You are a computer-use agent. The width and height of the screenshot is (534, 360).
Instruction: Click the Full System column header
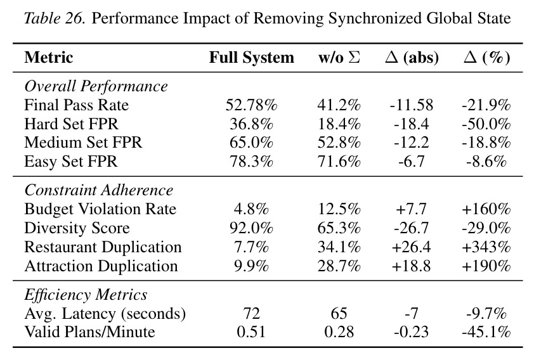click(x=251, y=57)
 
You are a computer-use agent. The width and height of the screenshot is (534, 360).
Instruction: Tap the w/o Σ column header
click(x=339, y=57)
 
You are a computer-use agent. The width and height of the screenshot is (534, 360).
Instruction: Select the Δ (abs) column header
click(x=412, y=57)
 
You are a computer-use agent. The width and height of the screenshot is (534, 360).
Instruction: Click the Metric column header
click(x=49, y=57)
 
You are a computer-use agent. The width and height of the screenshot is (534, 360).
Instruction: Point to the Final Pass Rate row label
click(x=76, y=105)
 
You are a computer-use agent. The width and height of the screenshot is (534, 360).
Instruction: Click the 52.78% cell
click(x=251, y=105)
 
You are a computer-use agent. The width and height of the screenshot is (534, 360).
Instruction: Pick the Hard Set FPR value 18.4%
click(x=339, y=124)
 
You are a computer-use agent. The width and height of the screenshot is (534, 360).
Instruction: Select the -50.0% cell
click(x=486, y=124)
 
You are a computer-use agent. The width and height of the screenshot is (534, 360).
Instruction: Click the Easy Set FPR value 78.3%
click(x=251, y=161)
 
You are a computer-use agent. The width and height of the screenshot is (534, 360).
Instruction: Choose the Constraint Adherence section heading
click(x=98, y=190)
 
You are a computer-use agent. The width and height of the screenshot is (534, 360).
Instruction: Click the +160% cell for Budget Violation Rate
click(x=486, y=209)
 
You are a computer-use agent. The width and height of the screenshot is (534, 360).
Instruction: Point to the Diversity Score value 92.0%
click(x=251, y=228)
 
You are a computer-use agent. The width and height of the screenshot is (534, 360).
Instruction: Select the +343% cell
click(x=486, y=247)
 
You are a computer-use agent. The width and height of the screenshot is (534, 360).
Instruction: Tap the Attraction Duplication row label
click(x=101, y=266)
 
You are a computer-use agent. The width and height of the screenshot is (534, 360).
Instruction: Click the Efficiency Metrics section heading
click(x=86, y=295)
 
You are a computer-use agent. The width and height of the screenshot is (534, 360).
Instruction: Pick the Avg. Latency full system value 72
click(x=251, y=313)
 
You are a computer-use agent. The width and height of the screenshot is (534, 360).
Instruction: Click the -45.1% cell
click(x=486, y=332)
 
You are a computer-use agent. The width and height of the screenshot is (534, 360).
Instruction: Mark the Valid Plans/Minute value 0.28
click(x=339, y=332)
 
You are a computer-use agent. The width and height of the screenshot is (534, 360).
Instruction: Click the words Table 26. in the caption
click(x=54, y=18)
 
